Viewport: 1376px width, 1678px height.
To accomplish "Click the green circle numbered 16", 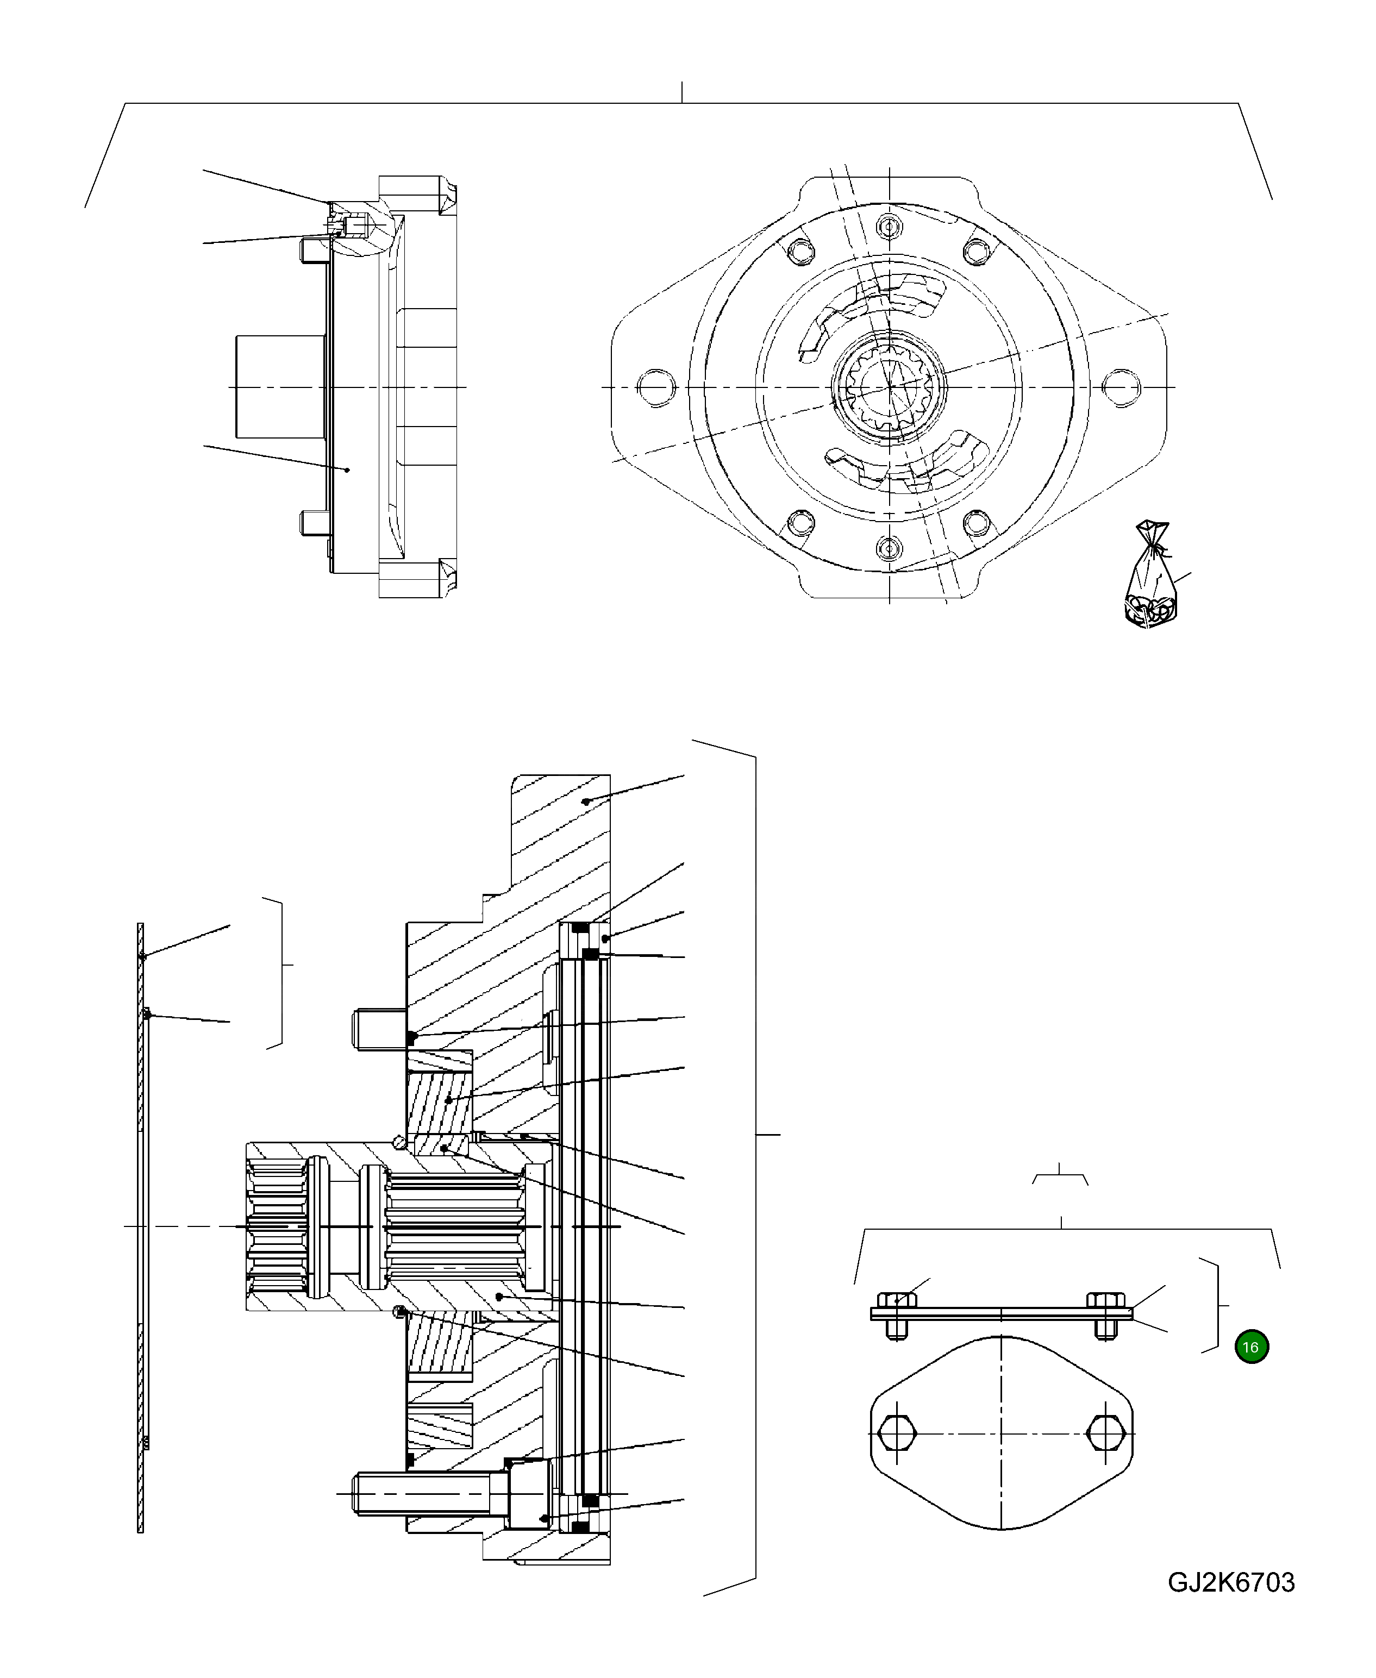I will click(1251, 1347).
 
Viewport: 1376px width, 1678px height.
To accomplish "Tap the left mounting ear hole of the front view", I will click(657, 387).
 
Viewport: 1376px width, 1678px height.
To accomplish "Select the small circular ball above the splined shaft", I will click(401, 1141).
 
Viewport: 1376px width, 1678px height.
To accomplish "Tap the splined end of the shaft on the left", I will click(277, 1226).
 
